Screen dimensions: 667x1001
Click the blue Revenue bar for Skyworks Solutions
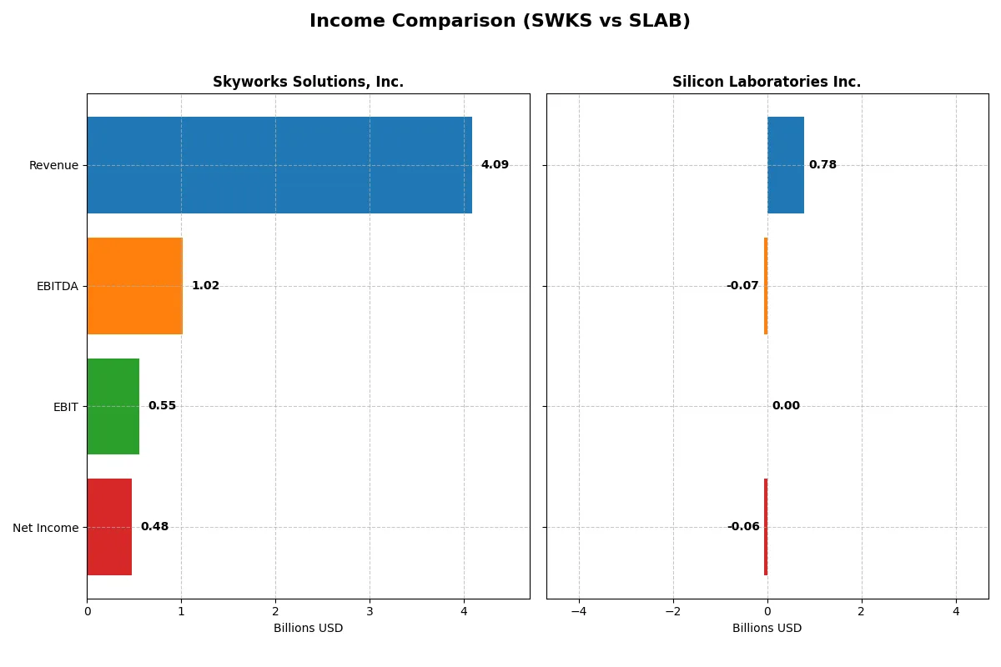279,165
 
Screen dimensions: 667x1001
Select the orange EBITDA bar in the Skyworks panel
134,286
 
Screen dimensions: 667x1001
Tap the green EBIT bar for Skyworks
113,406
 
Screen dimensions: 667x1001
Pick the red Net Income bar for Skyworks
109,527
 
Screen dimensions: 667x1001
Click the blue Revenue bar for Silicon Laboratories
786,165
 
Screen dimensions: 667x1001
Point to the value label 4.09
495,165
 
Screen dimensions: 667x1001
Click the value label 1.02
205,286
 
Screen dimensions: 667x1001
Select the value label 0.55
162,406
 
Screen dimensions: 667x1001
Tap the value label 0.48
154,527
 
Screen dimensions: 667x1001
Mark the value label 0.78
822,165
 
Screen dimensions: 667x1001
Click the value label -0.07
742,286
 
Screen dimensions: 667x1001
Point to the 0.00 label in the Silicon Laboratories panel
786,406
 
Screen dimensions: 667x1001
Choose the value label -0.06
743,527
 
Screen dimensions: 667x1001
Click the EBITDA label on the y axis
58,286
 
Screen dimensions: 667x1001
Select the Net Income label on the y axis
46,527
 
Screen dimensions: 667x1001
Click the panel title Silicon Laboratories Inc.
767,82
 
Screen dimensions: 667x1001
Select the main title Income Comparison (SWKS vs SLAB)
500,21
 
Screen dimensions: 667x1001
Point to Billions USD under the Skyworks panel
308,628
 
